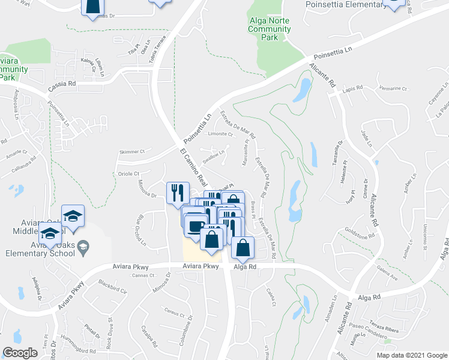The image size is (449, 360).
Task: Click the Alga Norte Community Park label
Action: [269, 29]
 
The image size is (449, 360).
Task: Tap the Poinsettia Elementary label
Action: [346, 5]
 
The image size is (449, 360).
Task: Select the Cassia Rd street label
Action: [62, 85]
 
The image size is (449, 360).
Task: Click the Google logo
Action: [20, 353]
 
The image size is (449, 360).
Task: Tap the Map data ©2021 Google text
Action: [412, 355]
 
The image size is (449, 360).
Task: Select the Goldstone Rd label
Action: [360, 232]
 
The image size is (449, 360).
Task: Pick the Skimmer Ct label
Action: [132, 152]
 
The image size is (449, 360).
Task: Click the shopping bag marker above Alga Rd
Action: [243, 248]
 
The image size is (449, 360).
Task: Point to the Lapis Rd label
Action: [354, 88]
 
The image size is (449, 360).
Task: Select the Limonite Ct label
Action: [218, 134]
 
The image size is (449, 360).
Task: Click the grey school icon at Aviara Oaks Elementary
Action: [84, 246]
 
